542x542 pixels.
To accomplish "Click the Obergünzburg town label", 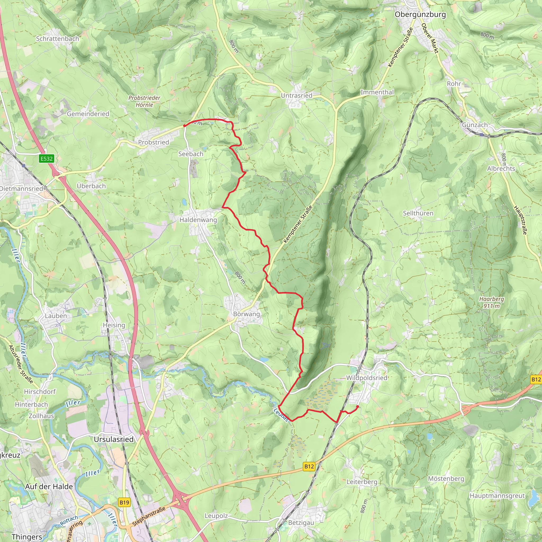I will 420,14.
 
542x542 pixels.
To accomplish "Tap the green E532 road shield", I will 47,159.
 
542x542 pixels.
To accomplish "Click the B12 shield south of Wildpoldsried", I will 309,466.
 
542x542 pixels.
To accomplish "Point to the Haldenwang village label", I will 198,220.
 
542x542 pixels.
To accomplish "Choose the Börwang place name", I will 247,314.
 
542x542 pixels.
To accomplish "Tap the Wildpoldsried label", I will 366,378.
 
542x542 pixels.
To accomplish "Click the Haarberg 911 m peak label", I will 491,302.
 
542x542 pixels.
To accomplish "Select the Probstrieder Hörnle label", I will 144,101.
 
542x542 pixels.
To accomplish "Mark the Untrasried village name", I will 296,95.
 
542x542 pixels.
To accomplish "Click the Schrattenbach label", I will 57,39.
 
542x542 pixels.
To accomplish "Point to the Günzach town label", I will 475,125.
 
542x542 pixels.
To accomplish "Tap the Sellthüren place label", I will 418,213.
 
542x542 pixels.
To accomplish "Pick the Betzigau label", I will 301,523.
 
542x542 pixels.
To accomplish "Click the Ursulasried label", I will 114,439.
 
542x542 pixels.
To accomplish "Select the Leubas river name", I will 281,415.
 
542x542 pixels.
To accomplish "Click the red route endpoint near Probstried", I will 184,126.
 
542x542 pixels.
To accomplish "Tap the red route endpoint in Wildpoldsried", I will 358,406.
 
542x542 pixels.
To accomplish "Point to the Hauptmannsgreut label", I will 497,496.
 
